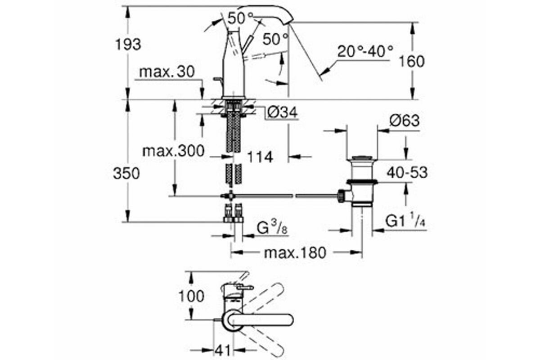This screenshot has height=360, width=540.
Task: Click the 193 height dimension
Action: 128,45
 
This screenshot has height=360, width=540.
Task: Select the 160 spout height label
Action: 412,62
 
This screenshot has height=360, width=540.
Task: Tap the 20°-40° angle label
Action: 365,51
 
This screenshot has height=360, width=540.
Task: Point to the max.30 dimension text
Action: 167,72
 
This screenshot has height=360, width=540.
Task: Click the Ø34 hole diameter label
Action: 282,112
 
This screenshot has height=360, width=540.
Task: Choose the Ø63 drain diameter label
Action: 404,120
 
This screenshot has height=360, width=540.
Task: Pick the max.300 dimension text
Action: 173,151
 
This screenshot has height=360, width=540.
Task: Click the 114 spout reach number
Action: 260,157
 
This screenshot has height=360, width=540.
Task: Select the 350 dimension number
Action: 126,174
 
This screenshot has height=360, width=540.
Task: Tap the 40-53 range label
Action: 407,173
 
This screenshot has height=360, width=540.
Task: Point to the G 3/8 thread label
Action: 272,227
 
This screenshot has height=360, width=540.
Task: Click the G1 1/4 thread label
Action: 405,220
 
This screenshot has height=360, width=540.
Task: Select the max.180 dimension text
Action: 295,253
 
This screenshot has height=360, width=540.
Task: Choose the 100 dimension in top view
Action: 191,296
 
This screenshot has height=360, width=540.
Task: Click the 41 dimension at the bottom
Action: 222,351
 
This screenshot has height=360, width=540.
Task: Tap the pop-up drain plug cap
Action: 362,158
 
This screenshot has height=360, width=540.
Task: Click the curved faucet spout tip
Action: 289,21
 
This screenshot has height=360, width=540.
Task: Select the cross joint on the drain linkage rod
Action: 231,196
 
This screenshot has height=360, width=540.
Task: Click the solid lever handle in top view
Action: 259,320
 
